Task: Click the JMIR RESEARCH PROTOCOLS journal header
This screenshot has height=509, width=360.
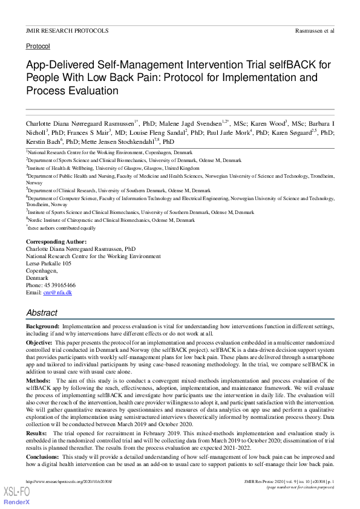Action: click(67, 30)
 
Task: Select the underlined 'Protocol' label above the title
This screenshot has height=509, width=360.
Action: click(38, 46)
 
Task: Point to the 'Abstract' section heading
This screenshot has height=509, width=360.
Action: click(42, 313)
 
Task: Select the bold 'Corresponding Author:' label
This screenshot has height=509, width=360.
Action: click(56, 242)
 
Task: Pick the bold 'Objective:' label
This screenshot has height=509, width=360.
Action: click(39, 342)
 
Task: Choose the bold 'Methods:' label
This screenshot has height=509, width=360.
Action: click(39, 381)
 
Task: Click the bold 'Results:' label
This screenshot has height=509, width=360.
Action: click(38, 434)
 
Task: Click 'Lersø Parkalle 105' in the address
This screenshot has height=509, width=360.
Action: click(48, 264)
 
